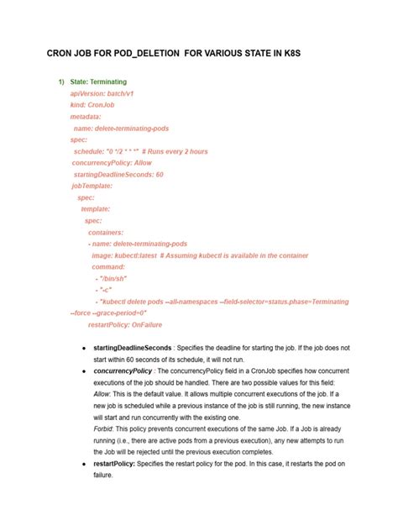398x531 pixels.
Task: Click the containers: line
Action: [106, 232]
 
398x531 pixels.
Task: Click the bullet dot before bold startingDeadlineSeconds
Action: [82, 347]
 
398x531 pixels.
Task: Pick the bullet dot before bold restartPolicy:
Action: [82, 463]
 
